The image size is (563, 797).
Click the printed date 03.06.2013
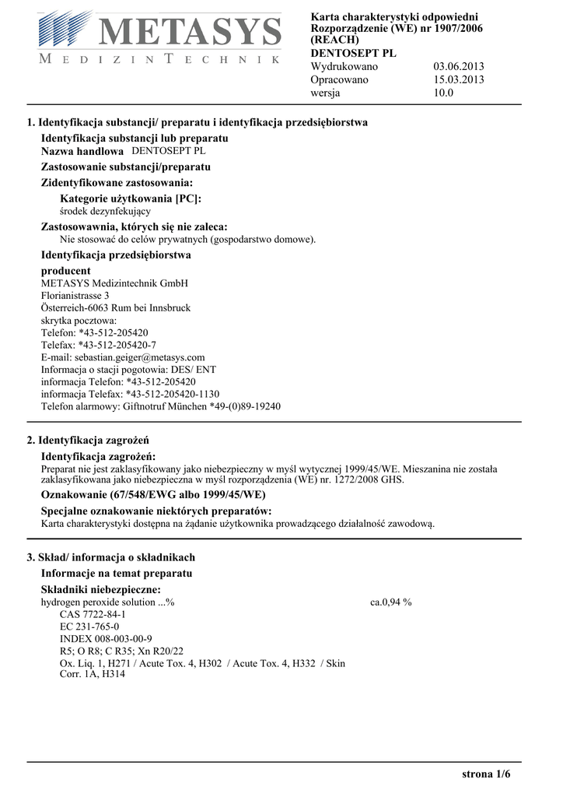pos(458,66)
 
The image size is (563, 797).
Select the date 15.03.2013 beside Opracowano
pos(458,79)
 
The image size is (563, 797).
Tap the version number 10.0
pos(443,93)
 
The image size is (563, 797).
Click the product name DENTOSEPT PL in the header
pos(353,53)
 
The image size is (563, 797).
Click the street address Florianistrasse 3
pos(75,296)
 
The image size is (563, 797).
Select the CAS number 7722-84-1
pos(93,614)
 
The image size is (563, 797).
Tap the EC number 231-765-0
pos(89,627)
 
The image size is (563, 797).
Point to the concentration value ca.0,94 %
pos(391,602)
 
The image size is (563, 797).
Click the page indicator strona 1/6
pos(486,774)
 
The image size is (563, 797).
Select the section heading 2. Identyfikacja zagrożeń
pos(88,441)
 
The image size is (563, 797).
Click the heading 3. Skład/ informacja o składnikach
pos(111,557)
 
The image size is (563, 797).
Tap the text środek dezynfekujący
pos(105,211)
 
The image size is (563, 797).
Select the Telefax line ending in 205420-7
pos(98,345)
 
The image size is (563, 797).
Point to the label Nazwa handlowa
pos(82,152)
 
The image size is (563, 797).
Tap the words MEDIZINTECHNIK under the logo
pos(159,60)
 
